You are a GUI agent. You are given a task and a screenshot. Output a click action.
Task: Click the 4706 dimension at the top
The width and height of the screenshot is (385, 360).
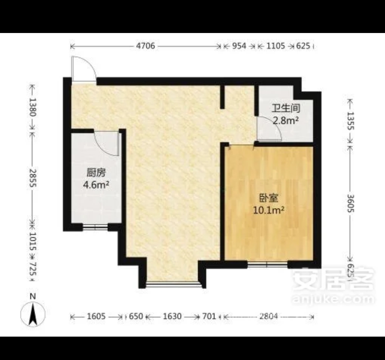146,46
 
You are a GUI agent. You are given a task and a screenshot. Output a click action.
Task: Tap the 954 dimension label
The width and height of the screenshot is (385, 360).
239,46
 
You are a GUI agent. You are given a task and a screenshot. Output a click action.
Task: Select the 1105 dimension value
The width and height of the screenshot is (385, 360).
276,46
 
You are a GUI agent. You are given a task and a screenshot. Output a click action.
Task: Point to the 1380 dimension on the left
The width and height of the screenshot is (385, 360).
33,107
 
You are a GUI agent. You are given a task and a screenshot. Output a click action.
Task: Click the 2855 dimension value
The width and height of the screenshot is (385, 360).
33,178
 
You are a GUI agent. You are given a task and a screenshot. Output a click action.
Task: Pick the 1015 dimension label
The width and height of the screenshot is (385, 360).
33,241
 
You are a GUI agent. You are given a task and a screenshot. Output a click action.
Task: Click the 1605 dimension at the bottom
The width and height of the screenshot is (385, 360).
96,316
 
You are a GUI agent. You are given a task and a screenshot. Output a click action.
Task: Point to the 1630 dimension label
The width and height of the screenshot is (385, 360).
172,316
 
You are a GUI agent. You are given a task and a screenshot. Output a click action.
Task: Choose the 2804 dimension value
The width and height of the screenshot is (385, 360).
268,316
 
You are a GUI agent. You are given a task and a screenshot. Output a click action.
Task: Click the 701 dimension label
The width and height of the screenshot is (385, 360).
209,316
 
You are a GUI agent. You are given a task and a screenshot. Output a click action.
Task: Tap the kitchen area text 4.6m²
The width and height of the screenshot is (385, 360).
96,185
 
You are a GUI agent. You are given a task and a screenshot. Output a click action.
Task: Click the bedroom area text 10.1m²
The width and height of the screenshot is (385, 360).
268,210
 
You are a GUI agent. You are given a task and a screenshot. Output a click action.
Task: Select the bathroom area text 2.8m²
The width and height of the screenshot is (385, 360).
286,120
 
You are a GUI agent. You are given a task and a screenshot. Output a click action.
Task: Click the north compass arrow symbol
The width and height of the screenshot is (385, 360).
33,314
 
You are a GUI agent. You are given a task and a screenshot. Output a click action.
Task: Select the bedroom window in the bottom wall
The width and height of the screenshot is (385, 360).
267,264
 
